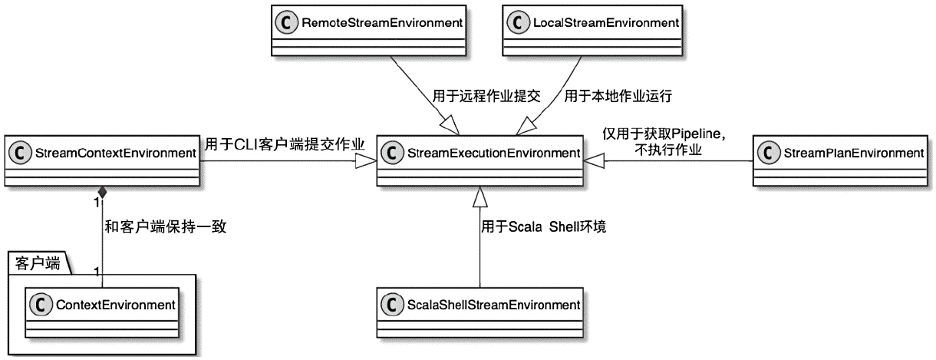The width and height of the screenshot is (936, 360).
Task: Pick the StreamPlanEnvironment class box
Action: point(842,161)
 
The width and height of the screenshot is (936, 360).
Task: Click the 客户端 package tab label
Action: point(37,263)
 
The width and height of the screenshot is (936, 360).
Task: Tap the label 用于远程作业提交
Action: point(487,97)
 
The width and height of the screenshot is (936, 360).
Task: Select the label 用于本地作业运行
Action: point(618,97)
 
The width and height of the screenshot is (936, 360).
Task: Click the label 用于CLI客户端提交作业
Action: point(284,143)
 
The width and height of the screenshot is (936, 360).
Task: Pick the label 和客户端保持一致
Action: point(166,226)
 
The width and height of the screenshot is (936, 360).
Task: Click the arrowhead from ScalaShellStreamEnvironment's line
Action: point(480,197)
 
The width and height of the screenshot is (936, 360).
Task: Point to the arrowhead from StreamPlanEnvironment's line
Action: point(593,161)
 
